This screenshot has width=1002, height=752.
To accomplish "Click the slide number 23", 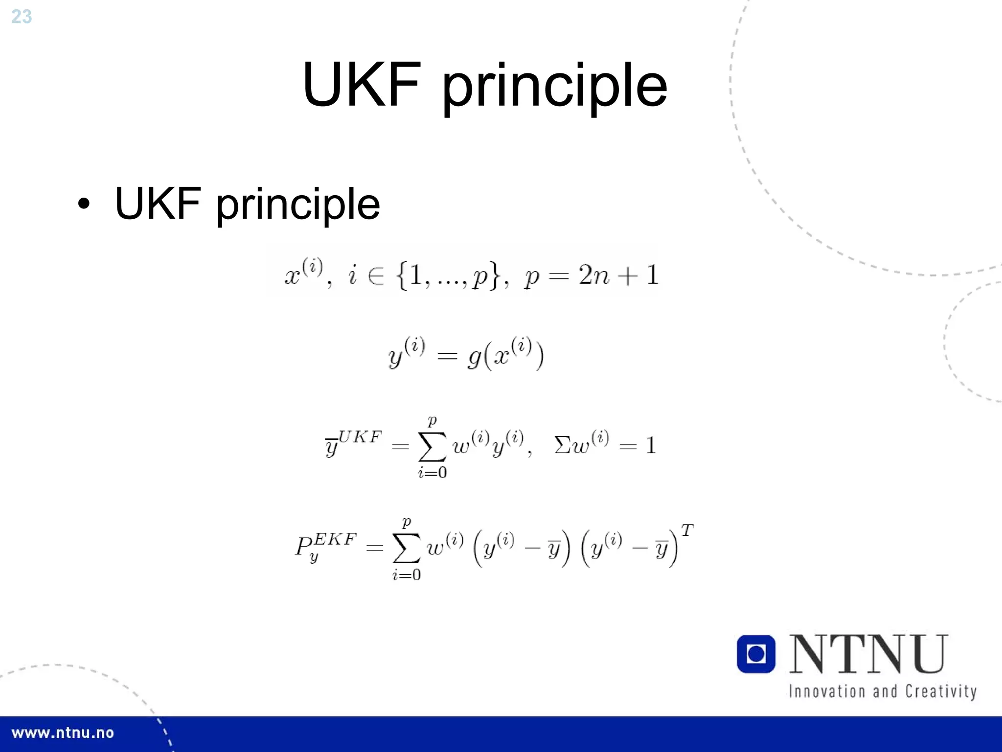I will (22, 17).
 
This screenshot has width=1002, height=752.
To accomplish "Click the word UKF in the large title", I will (362, 84).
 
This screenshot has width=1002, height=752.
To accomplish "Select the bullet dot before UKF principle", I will (84, 204).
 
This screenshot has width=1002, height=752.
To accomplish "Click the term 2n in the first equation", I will (594, 275).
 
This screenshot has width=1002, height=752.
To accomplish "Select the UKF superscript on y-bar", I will (360, 436).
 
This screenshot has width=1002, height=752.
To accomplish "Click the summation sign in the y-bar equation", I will (432, 446).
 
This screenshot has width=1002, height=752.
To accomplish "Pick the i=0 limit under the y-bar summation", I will (432, 473).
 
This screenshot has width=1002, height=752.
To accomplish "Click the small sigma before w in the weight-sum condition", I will (562, 446).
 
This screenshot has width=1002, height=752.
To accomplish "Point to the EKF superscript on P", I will (335, 539).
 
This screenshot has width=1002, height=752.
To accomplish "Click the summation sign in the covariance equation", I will (406, 548).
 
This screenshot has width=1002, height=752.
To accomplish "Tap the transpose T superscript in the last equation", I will (687, 530).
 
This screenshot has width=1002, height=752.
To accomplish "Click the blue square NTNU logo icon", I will (756, 654).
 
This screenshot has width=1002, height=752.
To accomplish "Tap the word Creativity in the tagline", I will (941, 691).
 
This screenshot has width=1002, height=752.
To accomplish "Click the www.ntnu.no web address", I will (63, 733).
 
